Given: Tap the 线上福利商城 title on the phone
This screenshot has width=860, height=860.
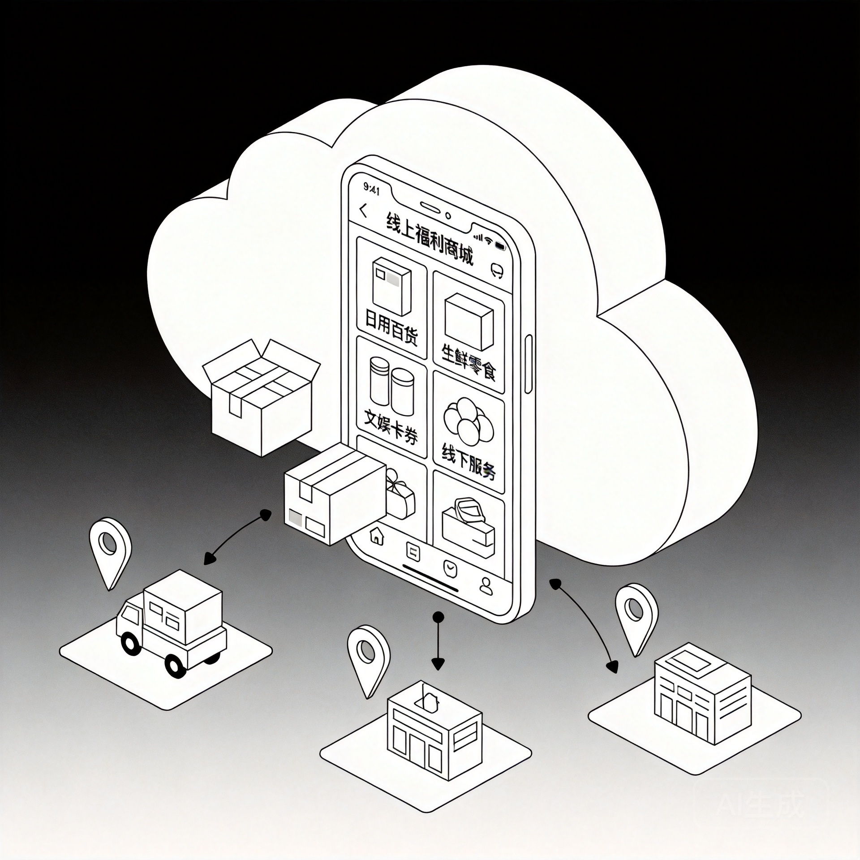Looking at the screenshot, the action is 430,241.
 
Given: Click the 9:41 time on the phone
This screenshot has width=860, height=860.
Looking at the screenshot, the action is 372,189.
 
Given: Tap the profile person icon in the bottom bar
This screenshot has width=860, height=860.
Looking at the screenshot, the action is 486,586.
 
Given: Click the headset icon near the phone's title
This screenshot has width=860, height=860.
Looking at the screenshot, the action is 497,270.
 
